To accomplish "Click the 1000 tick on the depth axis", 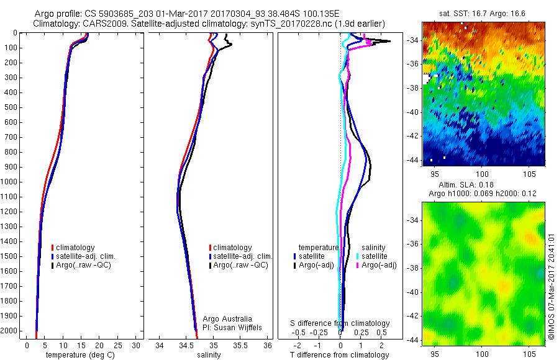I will (x=11, y=182).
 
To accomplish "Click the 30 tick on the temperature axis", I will (x=136, y=345).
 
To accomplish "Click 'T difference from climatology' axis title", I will (x=339, y=355).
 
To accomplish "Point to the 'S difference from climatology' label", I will (x=340, y=323).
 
